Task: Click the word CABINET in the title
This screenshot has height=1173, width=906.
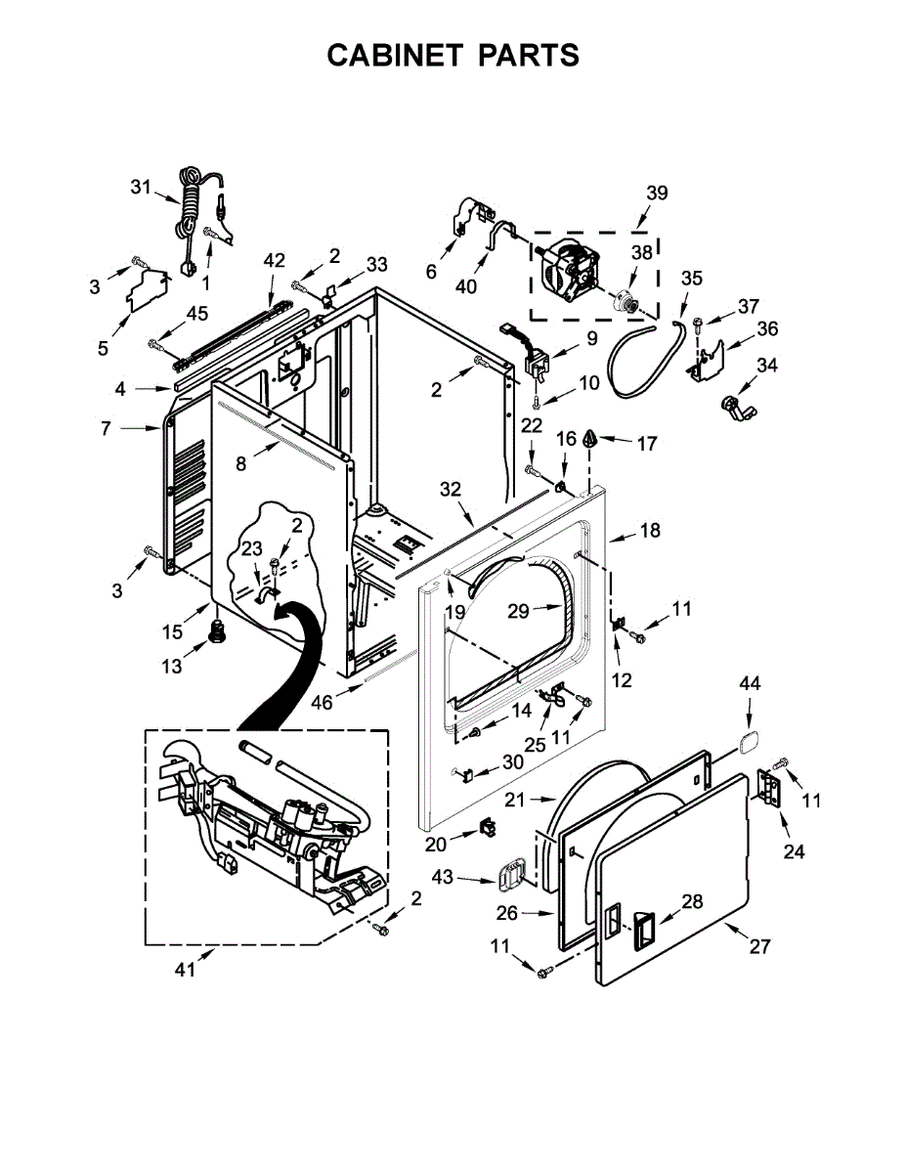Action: (394, 56)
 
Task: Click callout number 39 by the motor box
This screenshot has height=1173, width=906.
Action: (657, 193)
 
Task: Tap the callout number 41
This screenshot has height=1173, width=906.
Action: (185, 970)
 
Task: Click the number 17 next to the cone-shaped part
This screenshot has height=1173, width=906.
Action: (647, 443)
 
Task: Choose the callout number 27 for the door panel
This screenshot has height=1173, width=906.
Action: (759, 946)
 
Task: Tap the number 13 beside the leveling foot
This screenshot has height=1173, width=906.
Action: (171, 666)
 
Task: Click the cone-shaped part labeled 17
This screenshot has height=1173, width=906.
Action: (589, 439)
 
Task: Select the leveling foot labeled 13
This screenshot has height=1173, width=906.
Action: (217, 632)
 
